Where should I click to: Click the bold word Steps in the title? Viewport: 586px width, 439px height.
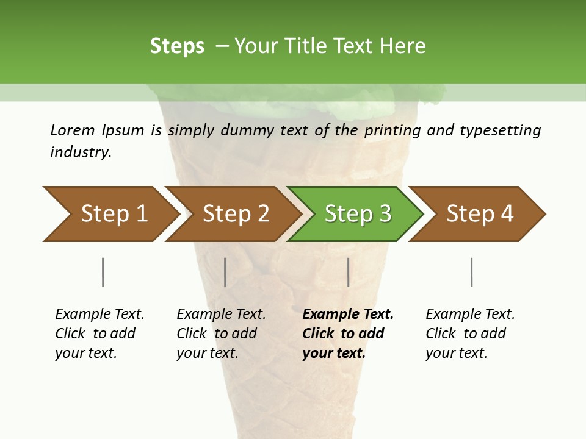point(177,46)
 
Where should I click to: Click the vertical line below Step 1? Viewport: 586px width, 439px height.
point(103,272)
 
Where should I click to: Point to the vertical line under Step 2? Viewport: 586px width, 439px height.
point(225,272)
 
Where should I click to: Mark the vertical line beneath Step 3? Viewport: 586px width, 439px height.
point(349,272)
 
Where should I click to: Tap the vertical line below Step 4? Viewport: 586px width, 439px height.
point(472,272)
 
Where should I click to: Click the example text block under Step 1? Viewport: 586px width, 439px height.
point(99,334)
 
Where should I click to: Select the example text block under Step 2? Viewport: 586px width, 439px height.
point(221,334)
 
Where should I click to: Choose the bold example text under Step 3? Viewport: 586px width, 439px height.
point(348,334)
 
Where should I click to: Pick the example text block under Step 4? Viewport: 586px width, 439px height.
point(470,334)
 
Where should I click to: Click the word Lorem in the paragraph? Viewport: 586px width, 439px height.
point(73,130)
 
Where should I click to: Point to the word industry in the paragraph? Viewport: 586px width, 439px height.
point(81,152)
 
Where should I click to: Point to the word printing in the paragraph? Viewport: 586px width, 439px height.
point(391,130)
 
